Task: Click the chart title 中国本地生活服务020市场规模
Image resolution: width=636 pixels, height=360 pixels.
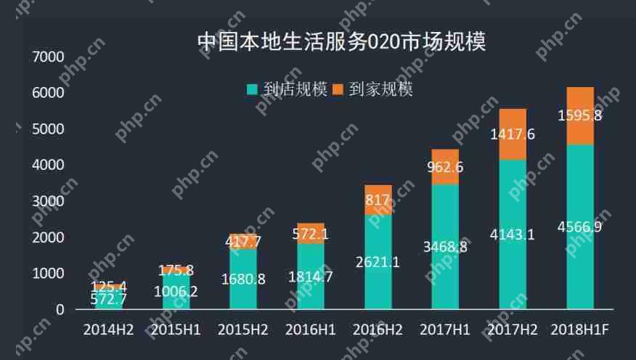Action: pos(341,41)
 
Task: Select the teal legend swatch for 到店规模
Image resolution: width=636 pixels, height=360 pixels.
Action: pos(253,90)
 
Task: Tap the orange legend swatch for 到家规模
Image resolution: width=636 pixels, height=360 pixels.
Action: pos(339,90)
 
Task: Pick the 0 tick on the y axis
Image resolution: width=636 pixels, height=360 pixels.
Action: pos(60,310)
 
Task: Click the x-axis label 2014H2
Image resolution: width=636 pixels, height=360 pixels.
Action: pos(108,330)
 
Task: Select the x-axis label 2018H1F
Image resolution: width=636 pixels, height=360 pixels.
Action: pos(579,330)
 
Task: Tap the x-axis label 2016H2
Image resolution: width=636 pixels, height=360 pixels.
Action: pos(378,330)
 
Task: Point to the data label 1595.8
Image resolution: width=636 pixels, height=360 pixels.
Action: pos(580,115)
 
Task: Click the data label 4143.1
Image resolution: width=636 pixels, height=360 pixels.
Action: pos(513,234)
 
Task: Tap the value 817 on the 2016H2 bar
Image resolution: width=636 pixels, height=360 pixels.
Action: pos(378,200)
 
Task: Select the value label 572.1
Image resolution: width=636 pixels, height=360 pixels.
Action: pos(310,234)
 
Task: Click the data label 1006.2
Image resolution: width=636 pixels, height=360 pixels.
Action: pos(175,292)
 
